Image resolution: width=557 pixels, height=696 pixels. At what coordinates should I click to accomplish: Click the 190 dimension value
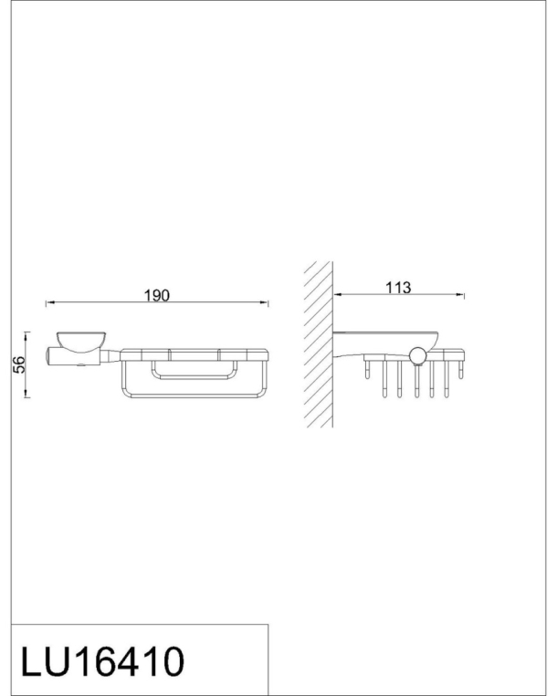click(x=157, y=295)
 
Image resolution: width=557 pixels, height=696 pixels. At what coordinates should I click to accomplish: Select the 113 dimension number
click(x=398, y=288)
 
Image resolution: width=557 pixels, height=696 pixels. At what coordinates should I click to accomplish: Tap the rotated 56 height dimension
click(x=19, y=364)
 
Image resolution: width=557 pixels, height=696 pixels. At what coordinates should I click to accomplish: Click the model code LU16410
click(x=102, y=661)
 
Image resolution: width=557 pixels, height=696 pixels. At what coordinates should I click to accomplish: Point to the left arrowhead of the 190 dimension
click(x=49, y=302)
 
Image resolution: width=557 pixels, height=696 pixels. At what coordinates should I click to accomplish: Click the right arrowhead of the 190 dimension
click(x=264, y=302)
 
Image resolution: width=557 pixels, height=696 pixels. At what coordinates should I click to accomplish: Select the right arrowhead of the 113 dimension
click(x=460, y=294)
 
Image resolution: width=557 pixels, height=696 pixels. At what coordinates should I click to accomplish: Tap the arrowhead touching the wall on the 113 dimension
click(x=338, y=294)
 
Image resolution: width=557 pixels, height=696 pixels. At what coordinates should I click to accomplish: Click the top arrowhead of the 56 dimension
click(x=26, y=335)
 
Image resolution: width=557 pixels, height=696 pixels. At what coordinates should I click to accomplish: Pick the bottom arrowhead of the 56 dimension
click(x=26, y=393)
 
